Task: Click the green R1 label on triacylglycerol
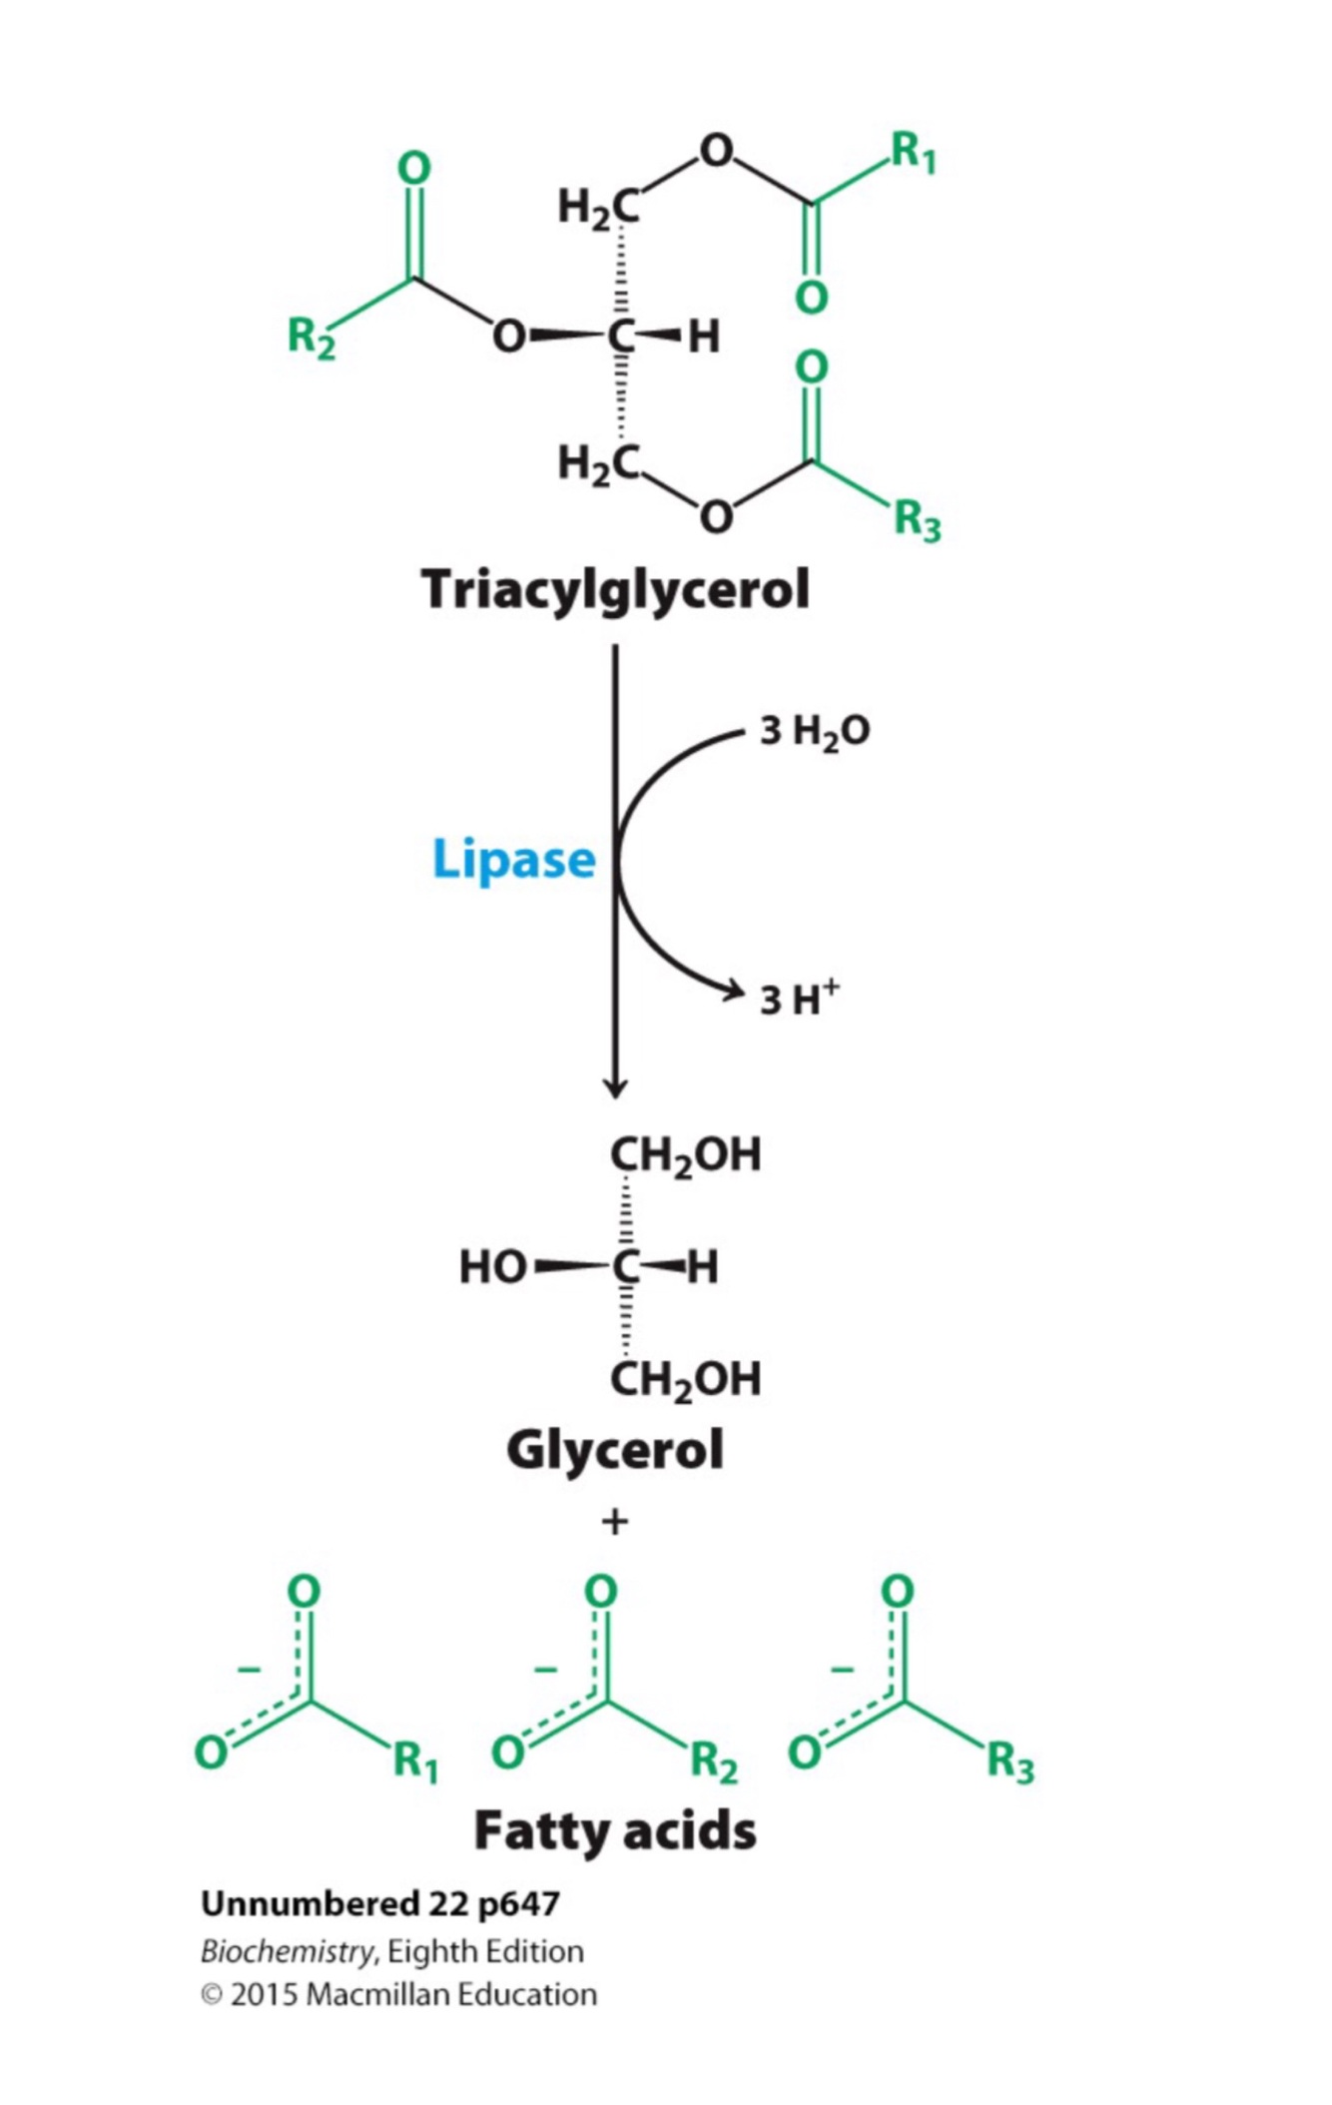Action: (913, 154)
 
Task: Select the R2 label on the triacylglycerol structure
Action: (311, 338)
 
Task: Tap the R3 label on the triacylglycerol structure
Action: (917, 520)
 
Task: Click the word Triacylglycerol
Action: (615, 589)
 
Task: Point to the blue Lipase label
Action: (513, 859)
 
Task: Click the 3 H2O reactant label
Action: (814, 732)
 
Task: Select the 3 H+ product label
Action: (799, 999)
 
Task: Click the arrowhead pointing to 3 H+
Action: (734, 991)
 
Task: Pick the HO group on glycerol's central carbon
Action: (491, 1267)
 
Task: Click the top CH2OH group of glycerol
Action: (685, 1155)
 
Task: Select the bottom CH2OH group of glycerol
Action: (685, 1379)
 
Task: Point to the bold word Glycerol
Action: (615, 1450)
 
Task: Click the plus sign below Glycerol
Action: (615, 1522)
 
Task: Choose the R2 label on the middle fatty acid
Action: (714, 1762)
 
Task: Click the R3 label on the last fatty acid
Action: (1010, 1762)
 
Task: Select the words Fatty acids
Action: (615, 1831)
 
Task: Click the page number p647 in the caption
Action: (518, 1903)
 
